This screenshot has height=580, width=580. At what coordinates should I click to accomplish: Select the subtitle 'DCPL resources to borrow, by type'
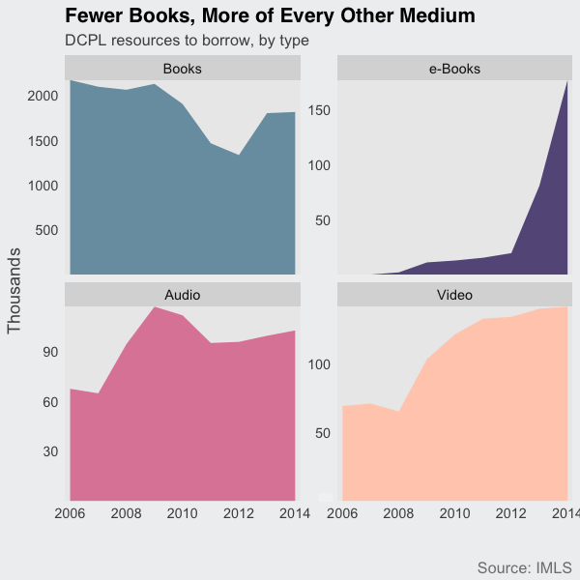(187, 42)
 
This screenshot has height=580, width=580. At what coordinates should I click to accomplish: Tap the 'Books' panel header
(183, 69)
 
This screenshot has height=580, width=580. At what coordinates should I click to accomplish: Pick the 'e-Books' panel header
(454, 69)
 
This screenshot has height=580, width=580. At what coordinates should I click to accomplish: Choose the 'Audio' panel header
(183, 294)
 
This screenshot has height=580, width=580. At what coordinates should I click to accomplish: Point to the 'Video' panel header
(454, 294)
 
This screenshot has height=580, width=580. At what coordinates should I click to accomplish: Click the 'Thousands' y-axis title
(14, 291)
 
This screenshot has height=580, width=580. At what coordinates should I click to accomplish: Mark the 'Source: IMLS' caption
(524, 566)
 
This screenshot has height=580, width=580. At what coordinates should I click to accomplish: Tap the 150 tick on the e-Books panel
(320, 110)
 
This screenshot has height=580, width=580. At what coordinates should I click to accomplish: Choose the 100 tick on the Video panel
(320, 364)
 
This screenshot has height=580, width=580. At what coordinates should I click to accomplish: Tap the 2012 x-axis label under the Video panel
(510, 513)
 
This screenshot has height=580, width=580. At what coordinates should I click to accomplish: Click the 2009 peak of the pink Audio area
(155, 306)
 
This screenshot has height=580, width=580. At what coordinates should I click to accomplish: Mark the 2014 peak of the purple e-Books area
(566, 82)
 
